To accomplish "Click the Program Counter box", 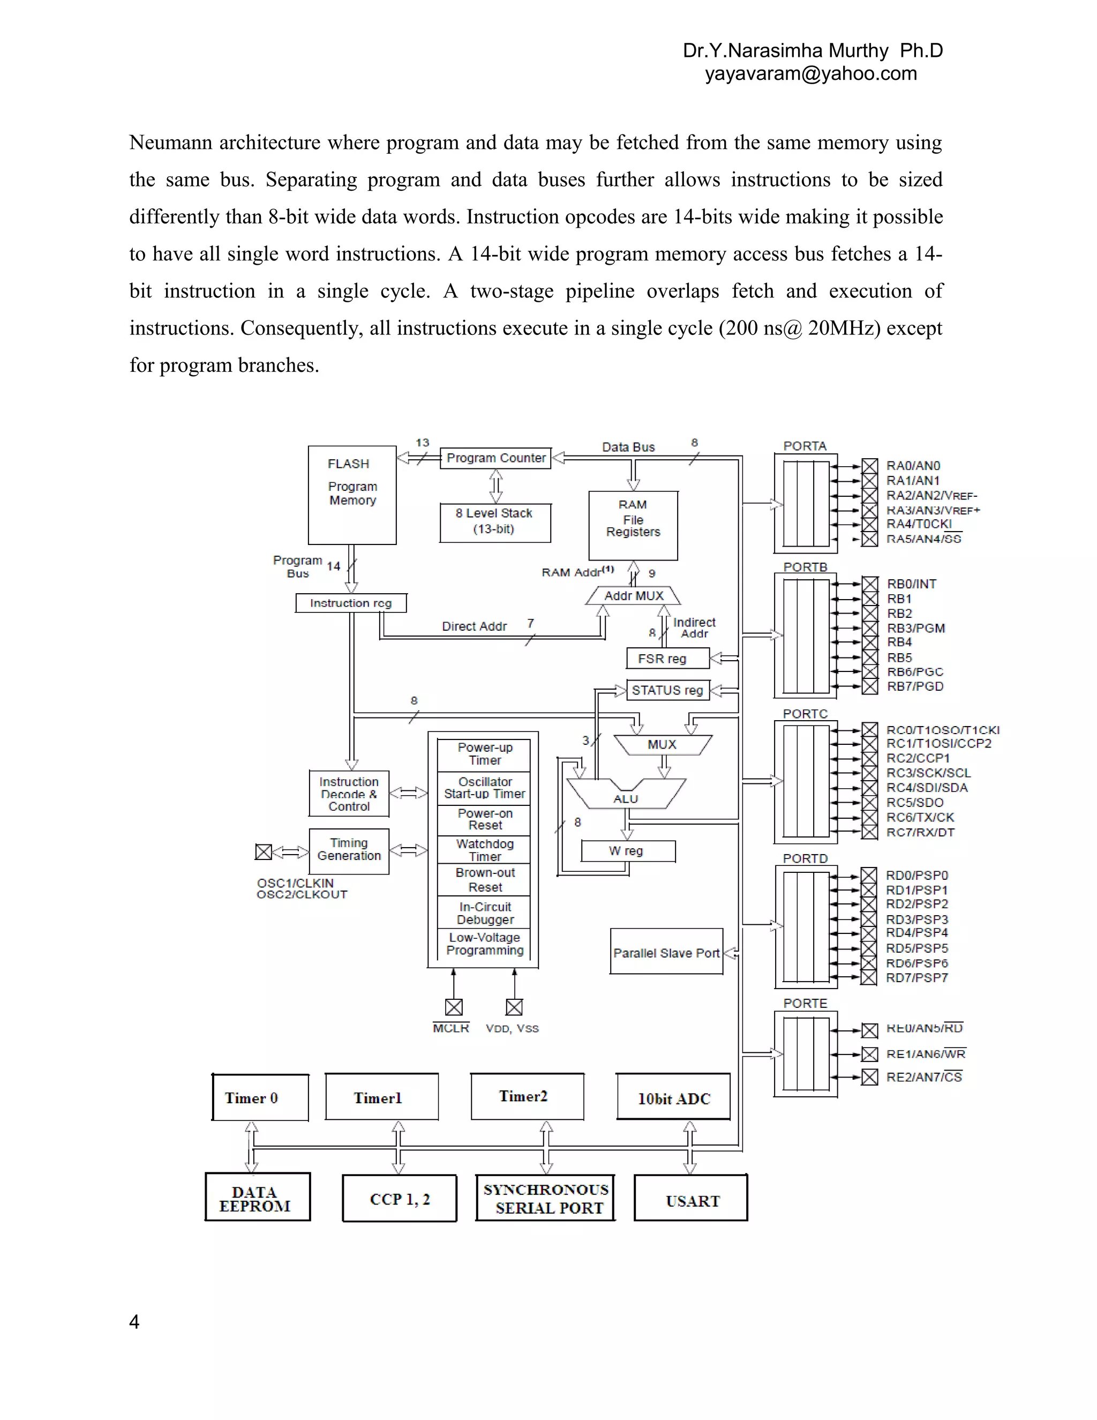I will (x=496, y=458).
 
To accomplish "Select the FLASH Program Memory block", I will (x=352, y=494).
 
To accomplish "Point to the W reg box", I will (x=628, y=850).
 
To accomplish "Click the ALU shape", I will (x=626, y=795).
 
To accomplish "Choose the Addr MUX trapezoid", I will (x=633, y=595).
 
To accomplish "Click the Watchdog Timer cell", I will (x=484, y=850).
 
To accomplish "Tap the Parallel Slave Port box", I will (x=666, y=953).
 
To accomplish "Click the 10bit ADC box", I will (x=673, y=1098).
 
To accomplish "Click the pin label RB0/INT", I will (x=911, y=584).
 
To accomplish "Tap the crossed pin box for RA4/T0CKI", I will (x=869, y=524).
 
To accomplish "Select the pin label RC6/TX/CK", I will (x=920, y=817).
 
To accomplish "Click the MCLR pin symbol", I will (x=454, y=1007).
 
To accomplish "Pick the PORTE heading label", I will (x=805, y=1003).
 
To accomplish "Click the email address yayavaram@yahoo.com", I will (x=810, y=73).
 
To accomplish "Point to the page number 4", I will (x=134, y=1322).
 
